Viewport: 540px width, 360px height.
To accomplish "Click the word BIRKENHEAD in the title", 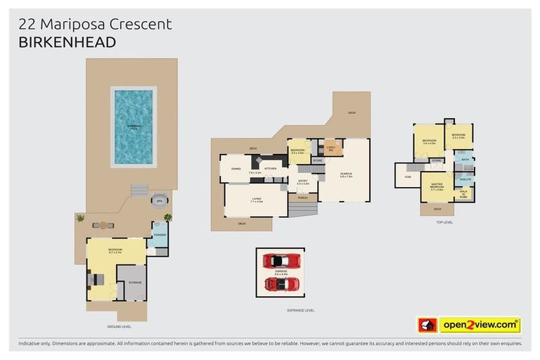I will pyautogui.click(x=67, y=42).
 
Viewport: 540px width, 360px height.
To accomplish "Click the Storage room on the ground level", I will pyautogui.click(x=134, y=282).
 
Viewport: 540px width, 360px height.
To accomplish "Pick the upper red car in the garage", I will pyautogui.click(x=281, y=261).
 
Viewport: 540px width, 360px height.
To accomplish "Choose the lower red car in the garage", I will pyautogui.click(x=281, y=284).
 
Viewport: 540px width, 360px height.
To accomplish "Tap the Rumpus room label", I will pyautogui.click(x=346, y=174).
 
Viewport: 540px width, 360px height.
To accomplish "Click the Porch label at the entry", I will pyautogui.click(x=303, y=198).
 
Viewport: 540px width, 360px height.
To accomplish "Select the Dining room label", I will pyautogui.click(x=236, y=169).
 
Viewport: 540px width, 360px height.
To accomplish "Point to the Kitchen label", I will pyautogui.click(x=271, y=169).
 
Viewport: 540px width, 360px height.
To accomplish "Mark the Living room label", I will pyautogui.click(x=256, y=200).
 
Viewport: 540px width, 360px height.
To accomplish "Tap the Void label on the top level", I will pyautogui.click(x=408, y=176).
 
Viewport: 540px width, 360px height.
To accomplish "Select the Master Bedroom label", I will pyautogui.click(x=437, y=186).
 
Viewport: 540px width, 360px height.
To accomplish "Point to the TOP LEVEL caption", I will pyautogui.click(x=444, y=222).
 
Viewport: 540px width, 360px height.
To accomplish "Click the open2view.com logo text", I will pyautogui.click(x=480, y=325).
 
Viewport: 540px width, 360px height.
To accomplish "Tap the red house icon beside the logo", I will pyautogui.click(x=427, y=325).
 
